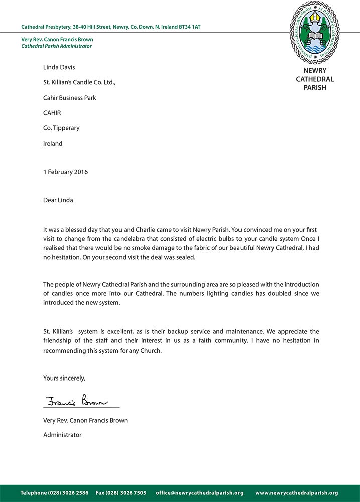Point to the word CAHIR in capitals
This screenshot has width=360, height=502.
click(52, 112)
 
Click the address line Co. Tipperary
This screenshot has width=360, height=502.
click(61, 128)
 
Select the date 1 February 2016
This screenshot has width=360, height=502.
click(65, 172)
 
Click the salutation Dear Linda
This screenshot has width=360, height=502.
click(58, 200)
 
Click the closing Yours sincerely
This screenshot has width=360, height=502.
click(64, 378)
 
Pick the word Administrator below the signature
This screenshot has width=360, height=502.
click(62, 435)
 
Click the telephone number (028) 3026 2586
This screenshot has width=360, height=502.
click(68, 493)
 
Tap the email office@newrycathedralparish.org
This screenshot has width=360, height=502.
click(199, 493)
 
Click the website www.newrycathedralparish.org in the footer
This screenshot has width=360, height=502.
click(296, 493)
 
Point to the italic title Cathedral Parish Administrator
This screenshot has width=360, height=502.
click(56, 46)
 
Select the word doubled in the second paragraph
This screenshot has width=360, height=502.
click(244, 293)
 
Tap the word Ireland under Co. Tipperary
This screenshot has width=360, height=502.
click(53, 143)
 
